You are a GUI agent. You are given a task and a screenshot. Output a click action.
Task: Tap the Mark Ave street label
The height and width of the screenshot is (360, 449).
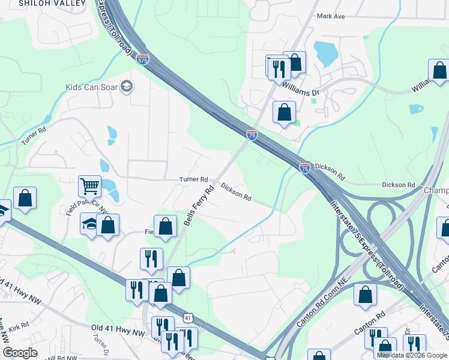click(x=331, y=16)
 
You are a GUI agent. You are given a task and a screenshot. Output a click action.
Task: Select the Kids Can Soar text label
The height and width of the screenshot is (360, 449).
click(x=92, y=87)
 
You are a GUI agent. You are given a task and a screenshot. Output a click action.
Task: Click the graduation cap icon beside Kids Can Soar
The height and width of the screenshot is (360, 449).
click(x=127, y=87)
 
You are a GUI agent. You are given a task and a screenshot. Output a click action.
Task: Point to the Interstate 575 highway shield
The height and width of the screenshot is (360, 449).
click(x=142, y=59)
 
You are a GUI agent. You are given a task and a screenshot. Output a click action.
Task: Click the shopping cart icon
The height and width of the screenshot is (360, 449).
click(x=90, y=186)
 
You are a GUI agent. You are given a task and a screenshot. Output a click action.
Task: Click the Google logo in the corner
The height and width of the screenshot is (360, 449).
click(x=20, y=353)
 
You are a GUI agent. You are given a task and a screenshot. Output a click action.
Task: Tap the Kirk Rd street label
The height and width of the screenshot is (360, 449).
click(x=19, y=326)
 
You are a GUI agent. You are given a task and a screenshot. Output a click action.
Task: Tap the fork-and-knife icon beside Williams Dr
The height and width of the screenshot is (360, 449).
click(x=279, y=68)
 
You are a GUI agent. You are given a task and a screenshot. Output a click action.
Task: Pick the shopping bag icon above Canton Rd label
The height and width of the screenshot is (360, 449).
click(x=365, y=295)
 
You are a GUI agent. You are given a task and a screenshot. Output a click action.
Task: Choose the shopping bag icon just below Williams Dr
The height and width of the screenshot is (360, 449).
click(x=284, y=112)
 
